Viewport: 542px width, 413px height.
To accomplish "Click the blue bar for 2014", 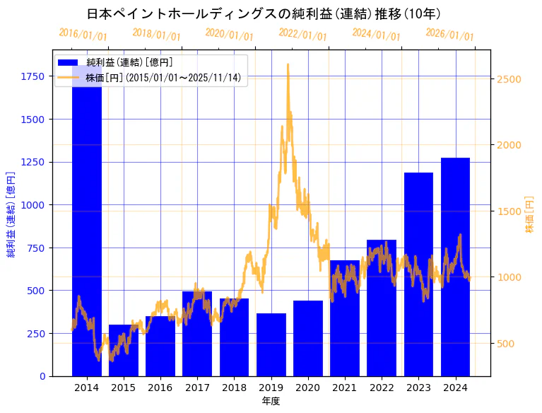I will (86, 233).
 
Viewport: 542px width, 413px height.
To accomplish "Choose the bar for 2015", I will (124, 350).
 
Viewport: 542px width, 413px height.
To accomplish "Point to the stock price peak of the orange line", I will (288, 65).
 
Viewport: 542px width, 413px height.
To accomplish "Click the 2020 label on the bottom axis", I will (307, 388).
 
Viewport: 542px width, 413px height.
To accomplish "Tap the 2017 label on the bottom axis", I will (197, 388).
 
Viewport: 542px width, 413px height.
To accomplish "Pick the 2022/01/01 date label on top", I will (302, 35).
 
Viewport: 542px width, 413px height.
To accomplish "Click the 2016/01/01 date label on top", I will (83, 34).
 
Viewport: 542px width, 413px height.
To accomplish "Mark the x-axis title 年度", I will (271, 401).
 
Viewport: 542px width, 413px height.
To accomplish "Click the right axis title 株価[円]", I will (530, 214).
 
